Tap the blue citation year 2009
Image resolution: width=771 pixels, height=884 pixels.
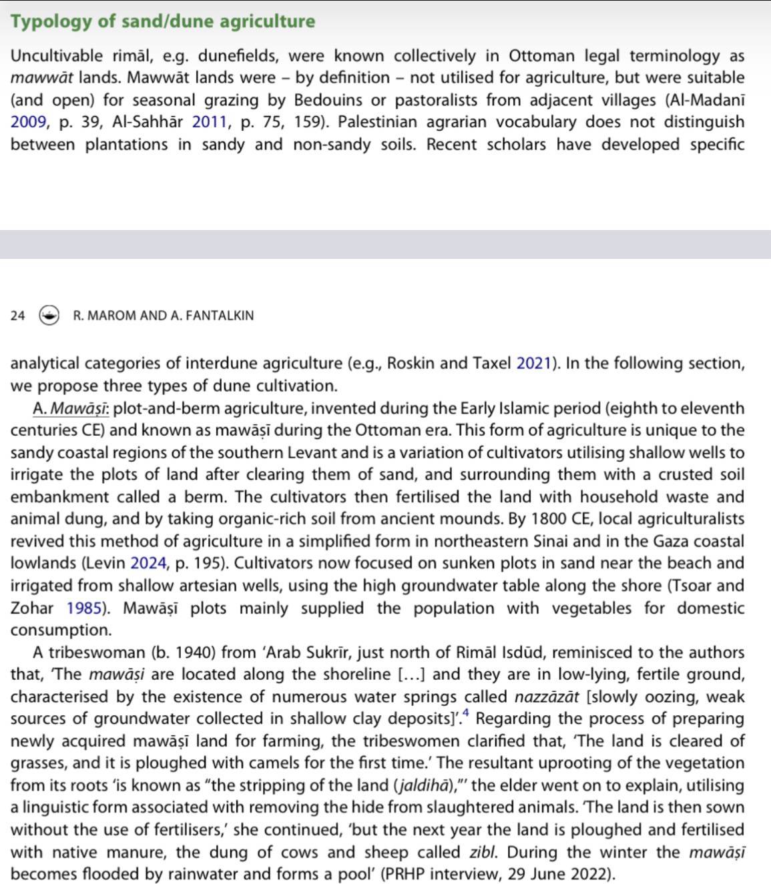pyautogui.click(x=29, y=122)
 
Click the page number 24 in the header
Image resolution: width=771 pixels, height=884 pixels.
pyautogui.click(x=18, y=316)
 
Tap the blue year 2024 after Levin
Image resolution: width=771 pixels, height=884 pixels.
pyautogui.click(x=149, y=563)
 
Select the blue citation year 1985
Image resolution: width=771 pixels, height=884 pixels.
pyautogui.click(x=84, y=608)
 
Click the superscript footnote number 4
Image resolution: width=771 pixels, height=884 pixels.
pyautogui.click(x=466, y=714)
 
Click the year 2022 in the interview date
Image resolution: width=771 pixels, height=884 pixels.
pyautogui.click(x=589, y=874)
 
